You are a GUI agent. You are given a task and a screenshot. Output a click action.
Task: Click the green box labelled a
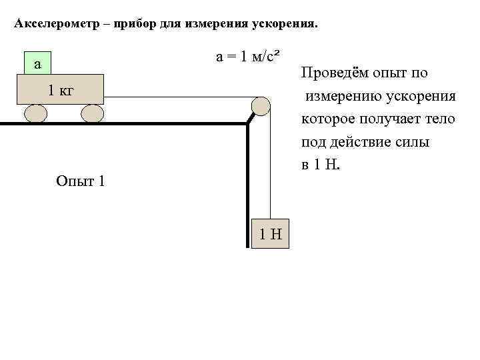pyautogui.click(x=37, y=64)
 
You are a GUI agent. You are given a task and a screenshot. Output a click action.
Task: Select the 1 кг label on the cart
pyautogui.click(x=60, y=90)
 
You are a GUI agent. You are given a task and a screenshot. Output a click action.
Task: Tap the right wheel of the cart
pyautogui.click(x=92, y=113)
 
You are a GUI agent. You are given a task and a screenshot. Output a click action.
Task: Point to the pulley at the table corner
pyautogui.click(x=260, y=105)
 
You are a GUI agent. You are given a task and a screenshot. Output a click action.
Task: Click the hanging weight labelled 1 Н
pyautogui.click(x=271, y=233)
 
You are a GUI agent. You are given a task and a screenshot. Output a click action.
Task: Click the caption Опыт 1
pyautogui.click(x=81, y=181)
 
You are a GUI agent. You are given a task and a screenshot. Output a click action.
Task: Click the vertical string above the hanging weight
pyautogui.click(x=270, y=167)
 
